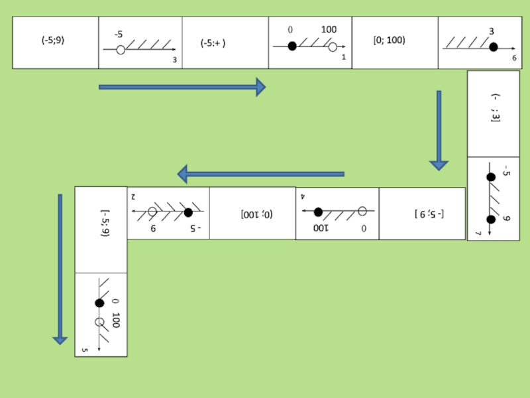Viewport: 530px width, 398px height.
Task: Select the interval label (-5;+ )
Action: point(213,44)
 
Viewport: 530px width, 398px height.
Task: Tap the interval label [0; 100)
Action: point(389,40)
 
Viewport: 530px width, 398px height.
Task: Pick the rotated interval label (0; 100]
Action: point(256,214)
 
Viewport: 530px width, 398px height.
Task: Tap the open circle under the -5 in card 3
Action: point(121,50)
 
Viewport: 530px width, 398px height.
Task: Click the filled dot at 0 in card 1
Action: point(291,46)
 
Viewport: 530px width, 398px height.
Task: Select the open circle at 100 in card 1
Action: point(333,46)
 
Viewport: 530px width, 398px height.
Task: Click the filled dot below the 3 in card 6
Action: point(493,47)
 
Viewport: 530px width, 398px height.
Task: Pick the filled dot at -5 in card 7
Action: point(491,177)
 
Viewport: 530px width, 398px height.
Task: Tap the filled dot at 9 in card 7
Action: point(491,220)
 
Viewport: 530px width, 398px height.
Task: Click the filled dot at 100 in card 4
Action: point(318,212)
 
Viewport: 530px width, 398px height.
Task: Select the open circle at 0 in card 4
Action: point(362,212)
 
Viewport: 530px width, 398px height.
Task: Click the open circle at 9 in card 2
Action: point(152,212)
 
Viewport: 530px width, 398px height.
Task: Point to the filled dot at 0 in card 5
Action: point(99,303)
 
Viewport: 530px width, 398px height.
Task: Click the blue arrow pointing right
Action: point(182,87)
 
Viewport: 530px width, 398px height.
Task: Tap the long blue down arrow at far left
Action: point(60,269)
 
